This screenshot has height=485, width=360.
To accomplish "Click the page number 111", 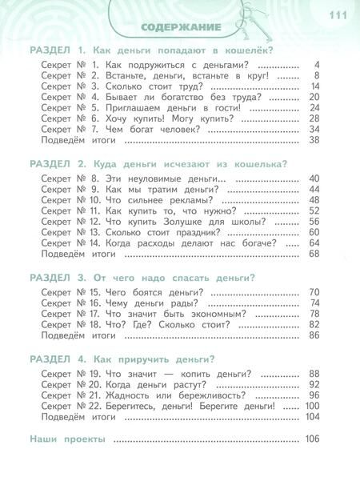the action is click(337, 17).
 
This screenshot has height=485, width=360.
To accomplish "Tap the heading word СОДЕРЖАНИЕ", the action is click(181, 28).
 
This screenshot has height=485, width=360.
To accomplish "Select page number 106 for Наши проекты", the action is click(311, 439).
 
